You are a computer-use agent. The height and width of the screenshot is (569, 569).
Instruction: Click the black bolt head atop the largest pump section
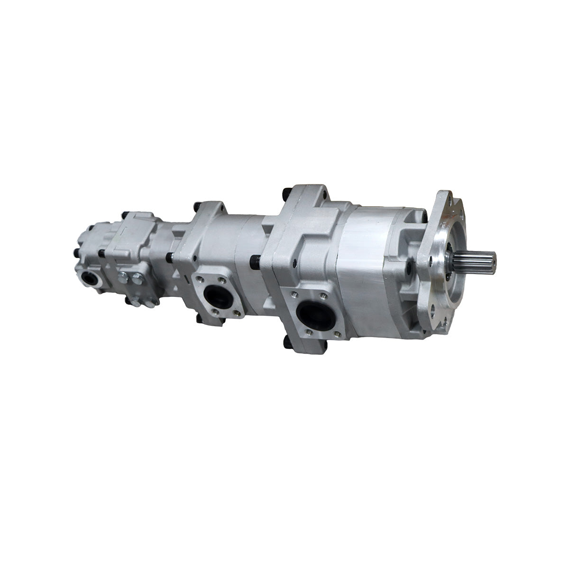[x=286, y=193]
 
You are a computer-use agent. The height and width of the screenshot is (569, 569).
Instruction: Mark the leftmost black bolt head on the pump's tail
[x=76, y=253]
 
